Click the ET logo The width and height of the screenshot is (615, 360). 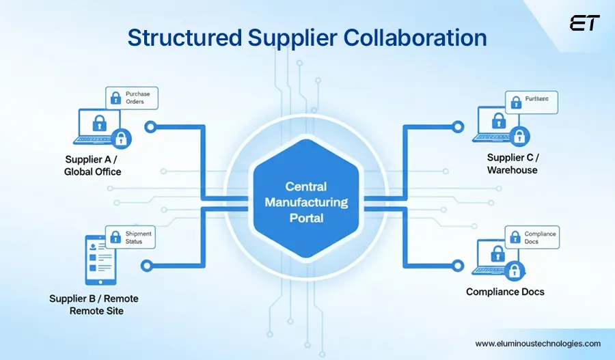(x=584, y=23)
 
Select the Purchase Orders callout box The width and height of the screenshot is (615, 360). (x=132, y=98)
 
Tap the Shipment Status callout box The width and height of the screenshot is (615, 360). (x=131, y=238)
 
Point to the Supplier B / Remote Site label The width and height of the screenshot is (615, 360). (x=94, y=305)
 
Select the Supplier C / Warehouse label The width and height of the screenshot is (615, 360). (x=512, y=164)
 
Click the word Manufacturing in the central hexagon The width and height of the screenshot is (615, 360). (x=306, y=203)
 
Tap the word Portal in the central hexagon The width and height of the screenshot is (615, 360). (x=306, y=219)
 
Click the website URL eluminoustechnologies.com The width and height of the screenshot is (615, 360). (x=537, y=344)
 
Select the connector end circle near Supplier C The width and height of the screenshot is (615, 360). (x=457, y=127)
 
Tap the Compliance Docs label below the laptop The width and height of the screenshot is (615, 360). (x=505, y=292)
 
